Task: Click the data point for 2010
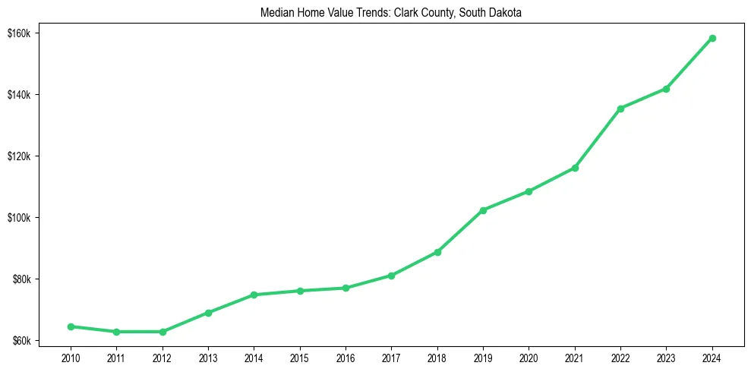pyautogui.click(x=71, y=326)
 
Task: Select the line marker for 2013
pyautogui.click(x=208, y=313)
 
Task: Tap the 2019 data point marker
pyautogui.click(x=483, y=210)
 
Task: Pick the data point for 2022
pyautogui.click(x=620, y=109)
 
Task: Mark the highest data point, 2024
pyautogui.click(x=712, y=38)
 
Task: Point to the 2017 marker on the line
pyautogui.click(x=391, y=276)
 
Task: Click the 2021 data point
pyautogui.click(x=575, y=168)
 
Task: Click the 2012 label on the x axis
pyautogui.click(x=162, y=357)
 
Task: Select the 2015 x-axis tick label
pyautogui.click(x=299, y=357)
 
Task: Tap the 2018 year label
pyautogui.click(x=437, y=357)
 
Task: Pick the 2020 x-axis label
pyautogui.click(x=529, y=357)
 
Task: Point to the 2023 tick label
pyautogui.click(x=666, y=357)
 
